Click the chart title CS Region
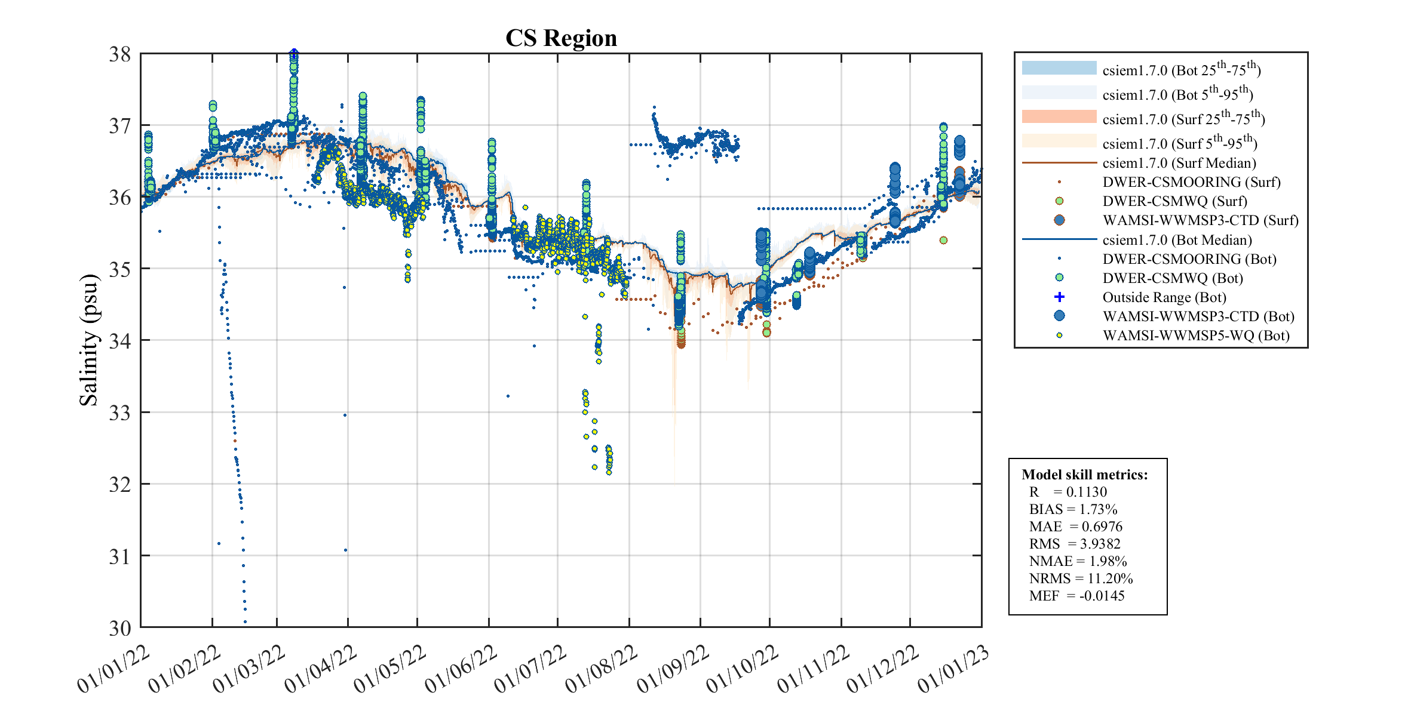tap(560, 38)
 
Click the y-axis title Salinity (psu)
tap(88, 340)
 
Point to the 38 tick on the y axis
tap(119, 54)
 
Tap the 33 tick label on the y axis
tap(119, 412)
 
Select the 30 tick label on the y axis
tap(119, 628)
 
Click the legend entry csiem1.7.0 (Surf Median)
tap(1179, 163)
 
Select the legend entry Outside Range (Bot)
tap(1164, 297)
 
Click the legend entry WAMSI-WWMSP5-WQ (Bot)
tap(1195, 335)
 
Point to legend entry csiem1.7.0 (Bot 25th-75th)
tap(1181, 70)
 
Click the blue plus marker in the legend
tap(1059, 297)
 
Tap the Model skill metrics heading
tap(1084, 475)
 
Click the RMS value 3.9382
tap(1100, 544)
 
